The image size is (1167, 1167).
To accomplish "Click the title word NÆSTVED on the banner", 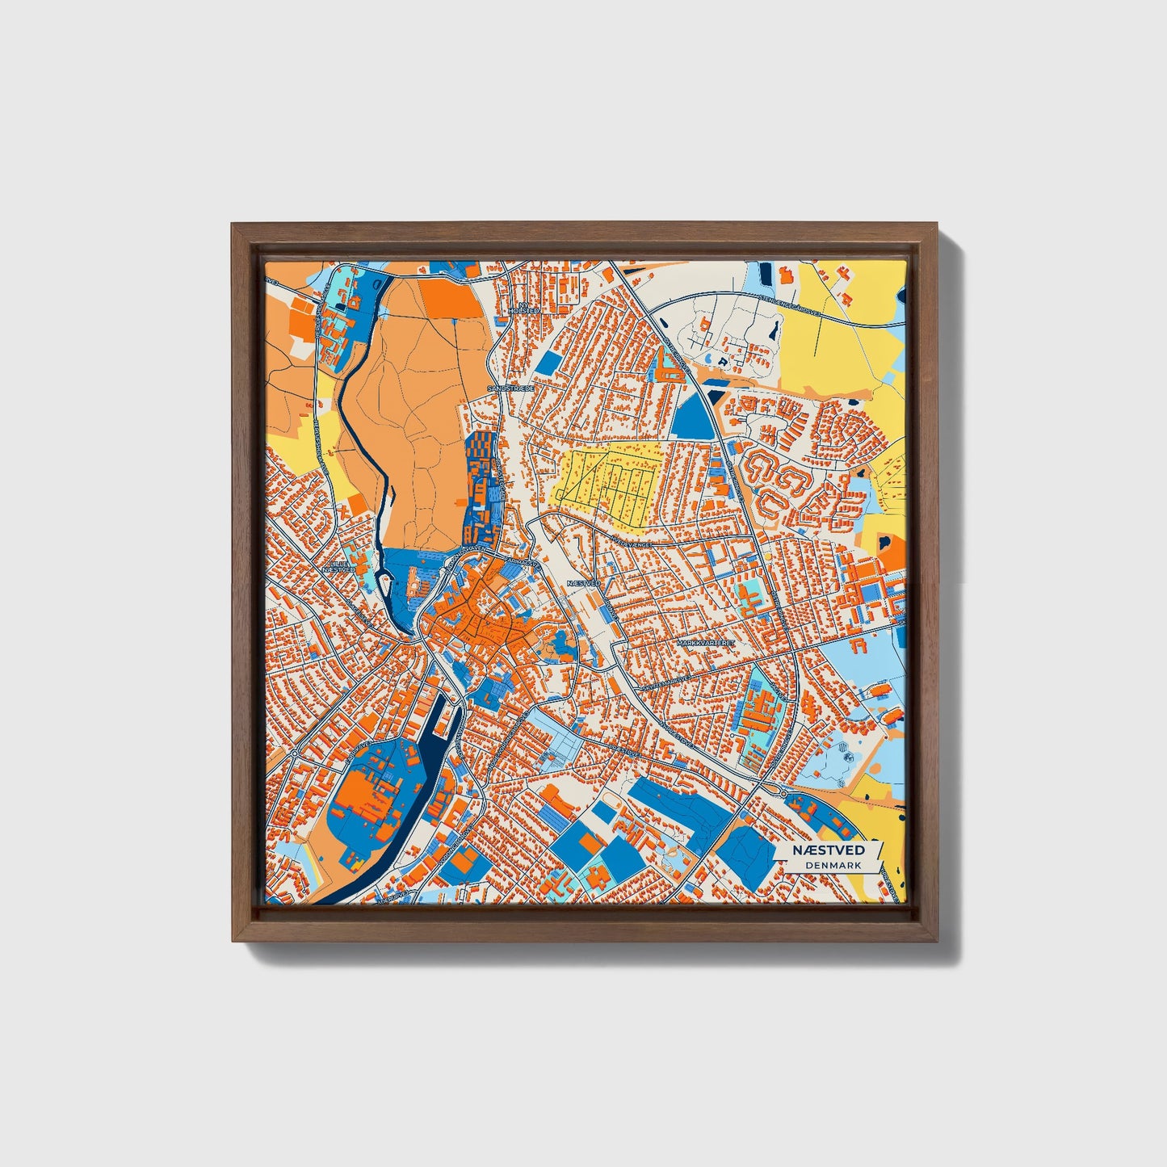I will (x=827, y=850).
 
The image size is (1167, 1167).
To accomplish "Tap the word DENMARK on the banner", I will (x=833, y=865).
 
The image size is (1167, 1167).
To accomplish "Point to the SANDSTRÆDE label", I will (x=510, y=388).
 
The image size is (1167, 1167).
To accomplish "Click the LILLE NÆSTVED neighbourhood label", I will (x=338, y=566).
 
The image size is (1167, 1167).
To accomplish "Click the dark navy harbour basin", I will (x=443, y=726).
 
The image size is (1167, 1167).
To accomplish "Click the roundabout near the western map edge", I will (x=295, y=753).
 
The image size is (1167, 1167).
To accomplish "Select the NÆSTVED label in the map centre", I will (x=584, y=582).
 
